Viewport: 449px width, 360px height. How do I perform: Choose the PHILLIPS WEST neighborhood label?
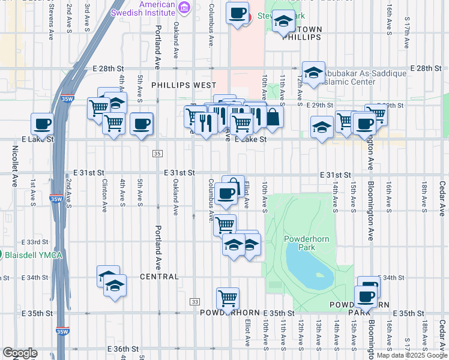(x=184, y=86)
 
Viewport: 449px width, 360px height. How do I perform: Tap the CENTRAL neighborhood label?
(x=159, y=277)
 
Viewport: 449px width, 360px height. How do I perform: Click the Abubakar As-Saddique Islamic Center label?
(x=364, y=77)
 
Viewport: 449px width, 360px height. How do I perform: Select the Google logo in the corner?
(x=20, y=353)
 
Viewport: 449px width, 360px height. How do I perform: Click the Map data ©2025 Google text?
(x=412, y=355)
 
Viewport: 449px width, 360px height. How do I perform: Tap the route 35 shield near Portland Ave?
(x=157, y=154)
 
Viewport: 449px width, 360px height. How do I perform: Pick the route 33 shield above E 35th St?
(x=194, y=301)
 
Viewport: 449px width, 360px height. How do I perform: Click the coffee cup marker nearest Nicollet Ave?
(x=42, y=124)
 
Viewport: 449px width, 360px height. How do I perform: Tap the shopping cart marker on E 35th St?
(x=228, y=298)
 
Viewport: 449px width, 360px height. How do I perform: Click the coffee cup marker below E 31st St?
(x=226, y=194)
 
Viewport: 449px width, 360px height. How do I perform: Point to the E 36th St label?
(x=123, y=349)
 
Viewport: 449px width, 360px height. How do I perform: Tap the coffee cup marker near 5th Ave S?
(x=142, y=124)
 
